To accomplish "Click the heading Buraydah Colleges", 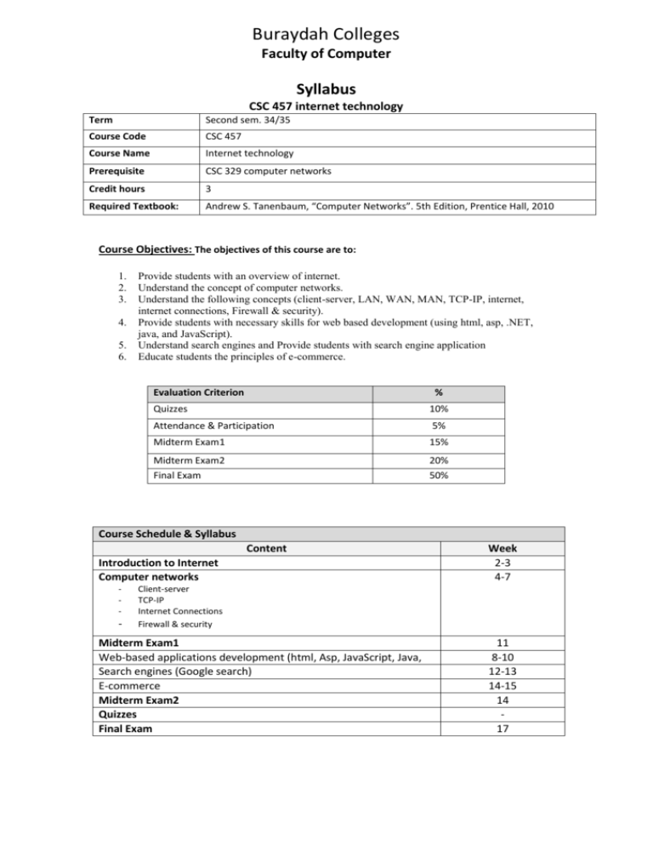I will [326, 36].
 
